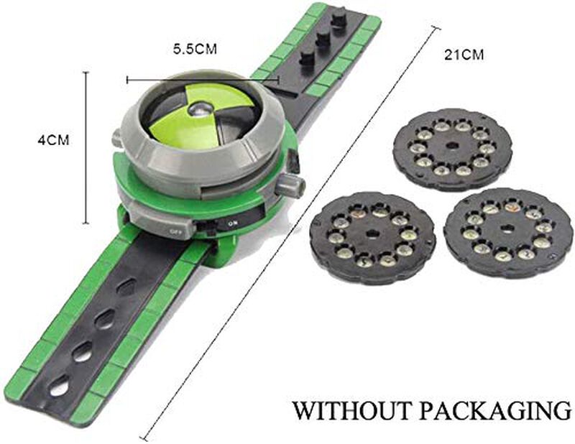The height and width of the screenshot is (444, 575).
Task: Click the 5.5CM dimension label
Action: click(195, 49)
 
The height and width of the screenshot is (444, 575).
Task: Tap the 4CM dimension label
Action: click(53, 140)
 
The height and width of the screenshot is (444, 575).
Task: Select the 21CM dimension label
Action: click(464, 55)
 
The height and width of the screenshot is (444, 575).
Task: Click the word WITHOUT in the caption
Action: click(351, 410)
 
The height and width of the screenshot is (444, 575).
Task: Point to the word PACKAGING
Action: click(495, 410)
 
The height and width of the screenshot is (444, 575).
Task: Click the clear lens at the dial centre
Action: click(201, 108)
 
